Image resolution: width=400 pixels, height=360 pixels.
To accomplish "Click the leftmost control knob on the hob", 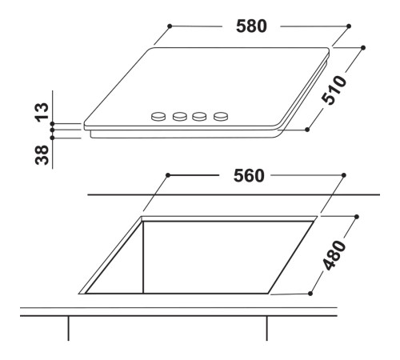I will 158,118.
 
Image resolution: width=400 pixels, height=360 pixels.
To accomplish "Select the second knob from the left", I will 178,118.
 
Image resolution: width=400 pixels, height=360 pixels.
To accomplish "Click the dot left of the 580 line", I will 170,26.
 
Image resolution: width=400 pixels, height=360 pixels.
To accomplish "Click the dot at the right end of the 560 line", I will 344,174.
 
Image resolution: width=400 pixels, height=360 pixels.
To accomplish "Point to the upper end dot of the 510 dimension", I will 363,48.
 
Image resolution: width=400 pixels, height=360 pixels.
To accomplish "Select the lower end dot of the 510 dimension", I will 309,128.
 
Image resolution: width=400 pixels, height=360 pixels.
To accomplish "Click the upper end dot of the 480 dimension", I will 355,216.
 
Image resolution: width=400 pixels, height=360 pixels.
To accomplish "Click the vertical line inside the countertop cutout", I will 142,256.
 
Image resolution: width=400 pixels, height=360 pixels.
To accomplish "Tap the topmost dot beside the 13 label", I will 51,123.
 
